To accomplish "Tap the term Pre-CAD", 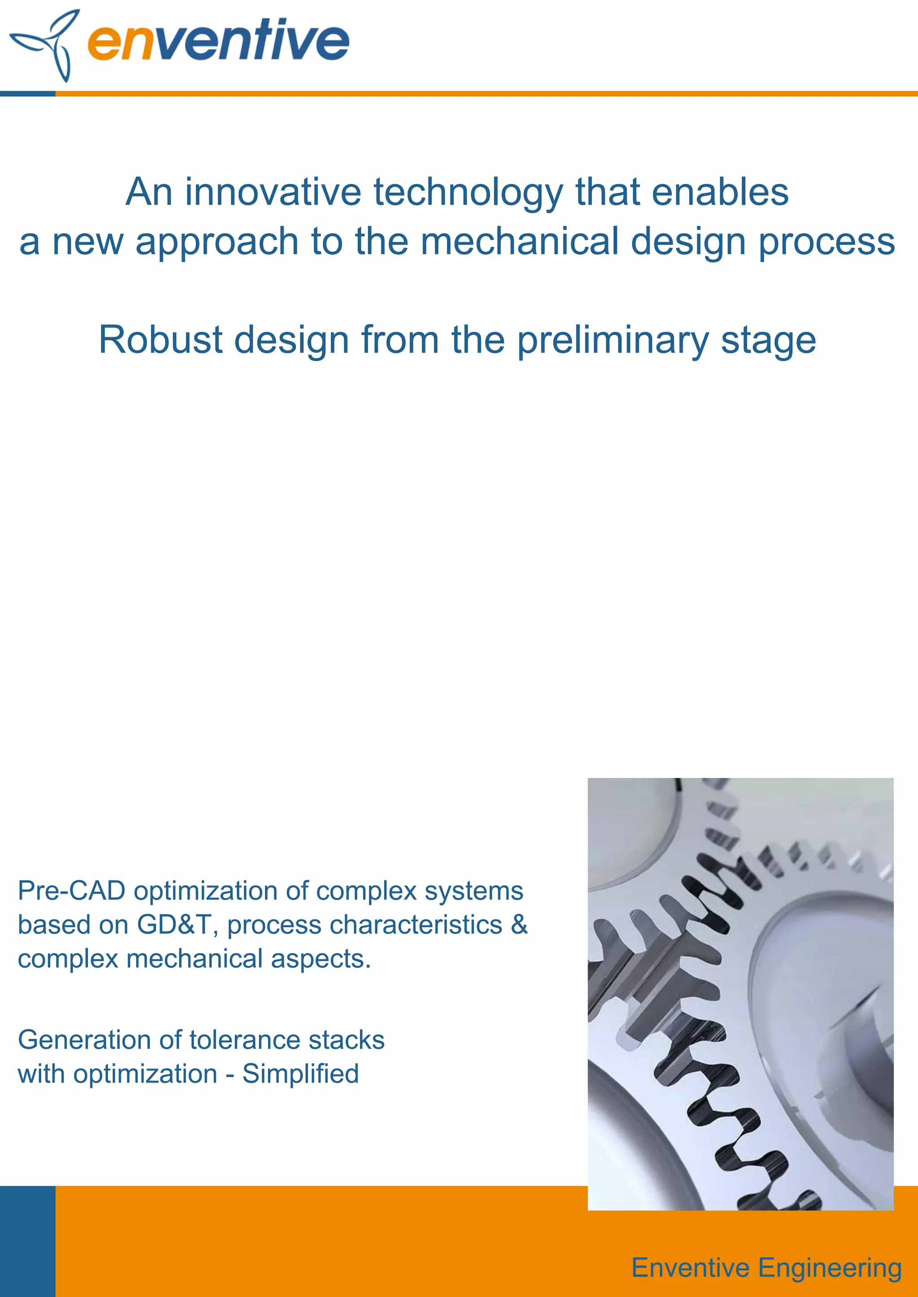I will click(x=71, y=891).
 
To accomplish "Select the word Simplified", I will click(x=300, y=1074).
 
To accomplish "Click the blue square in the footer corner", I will click(x=28, y=1241).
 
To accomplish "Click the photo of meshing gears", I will click(x=740, y=994).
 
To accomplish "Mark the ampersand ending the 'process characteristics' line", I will click(x=519, y=925).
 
